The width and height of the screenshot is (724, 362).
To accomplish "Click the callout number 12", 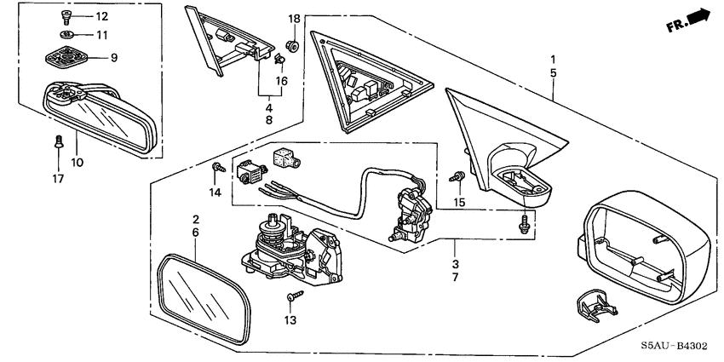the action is [x=101, y=17].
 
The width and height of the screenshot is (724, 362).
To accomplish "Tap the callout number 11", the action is [x=101, y=35].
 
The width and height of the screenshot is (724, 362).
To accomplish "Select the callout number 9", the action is [x=113, y=58].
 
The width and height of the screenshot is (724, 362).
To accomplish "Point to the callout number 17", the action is [x=58, y=178].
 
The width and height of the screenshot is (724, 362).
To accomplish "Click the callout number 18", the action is [x=294, y=19].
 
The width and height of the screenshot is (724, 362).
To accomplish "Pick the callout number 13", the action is [x=290, y=320].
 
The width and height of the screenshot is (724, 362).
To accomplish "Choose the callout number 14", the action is [x=215, y=192].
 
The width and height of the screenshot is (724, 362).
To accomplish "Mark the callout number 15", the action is [x=459, y=202].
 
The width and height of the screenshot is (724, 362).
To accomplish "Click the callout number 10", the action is [x=77, y=163].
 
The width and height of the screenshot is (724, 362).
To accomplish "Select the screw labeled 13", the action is [x=295, y=296].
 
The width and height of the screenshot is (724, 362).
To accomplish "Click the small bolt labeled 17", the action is [x=58, y=141].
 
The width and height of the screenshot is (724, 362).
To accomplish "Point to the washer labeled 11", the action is [x=68, y=34].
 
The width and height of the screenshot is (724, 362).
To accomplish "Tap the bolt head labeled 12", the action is [x=65, y=17].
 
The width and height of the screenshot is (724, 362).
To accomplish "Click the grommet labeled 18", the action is [x=292, y=45].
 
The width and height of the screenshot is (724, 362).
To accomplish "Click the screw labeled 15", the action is [x=457, y=176].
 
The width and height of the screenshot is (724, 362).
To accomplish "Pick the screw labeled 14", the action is [x=218, y=167].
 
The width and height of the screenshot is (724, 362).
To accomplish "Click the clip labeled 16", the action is [x=279, y=60].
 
